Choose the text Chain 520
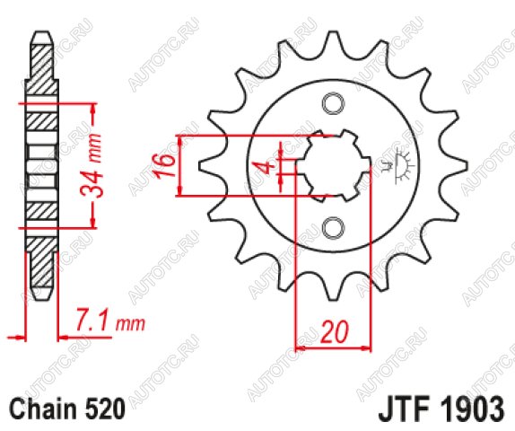pyautogui.click(x=67, y=409)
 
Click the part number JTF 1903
pyautogui.click(x=441, y=409)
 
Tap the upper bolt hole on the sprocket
pyautogui.click(x=333, y=104)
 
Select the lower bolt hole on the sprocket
pyautogui.click(x=333, y=228)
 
